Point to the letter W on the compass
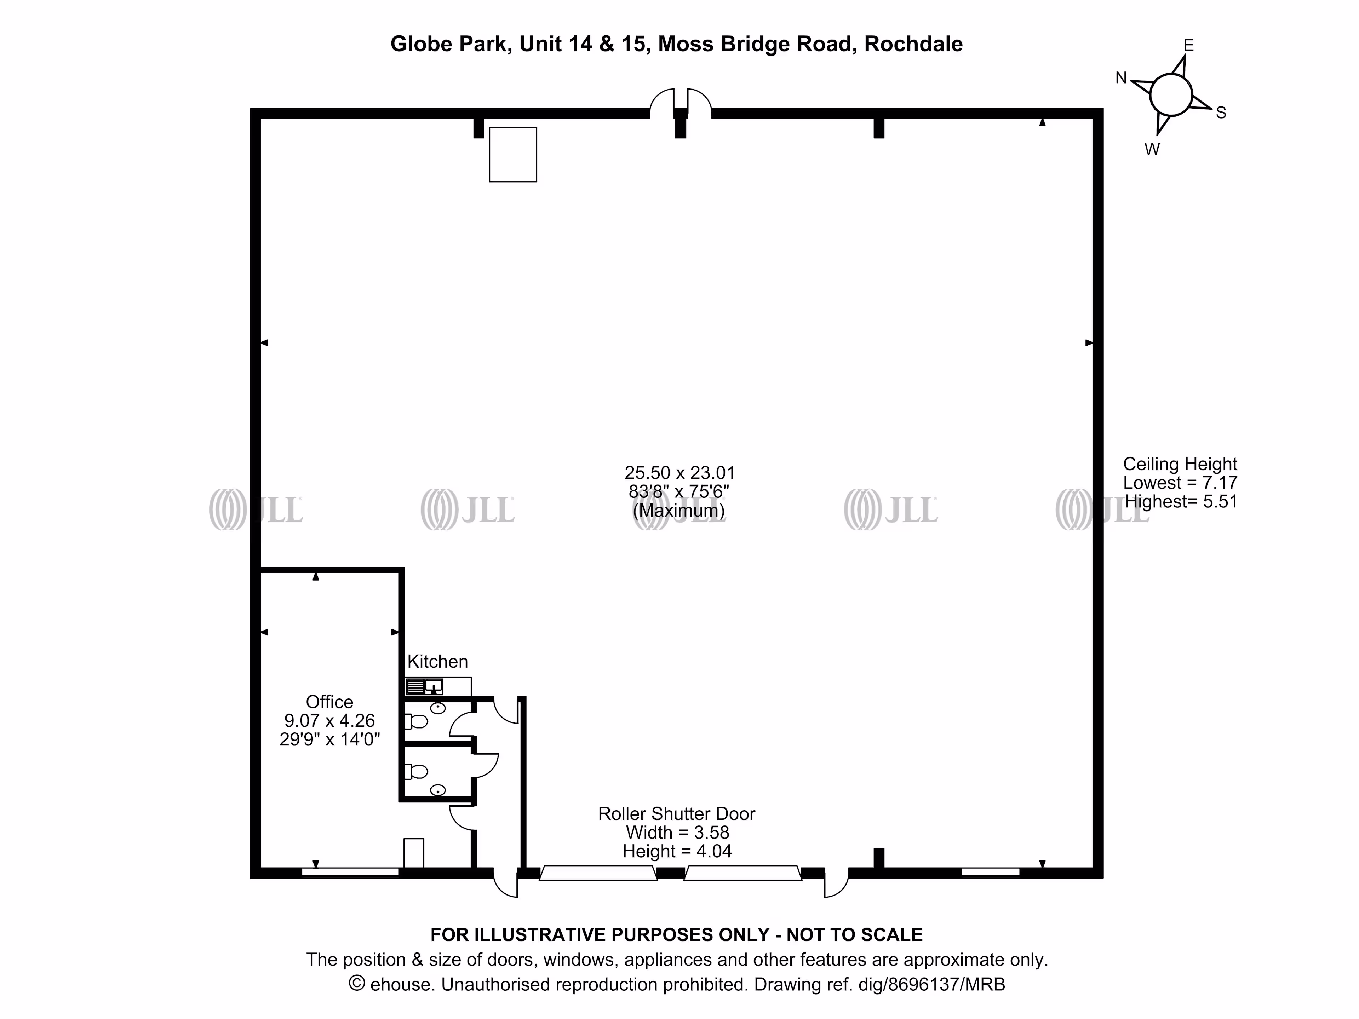1152,149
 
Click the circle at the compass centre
1171,95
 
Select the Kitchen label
437,662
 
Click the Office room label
329,701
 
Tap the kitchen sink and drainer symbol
424,686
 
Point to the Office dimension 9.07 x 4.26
329,720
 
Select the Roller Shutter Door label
676,814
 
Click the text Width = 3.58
677,832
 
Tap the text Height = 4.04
677,851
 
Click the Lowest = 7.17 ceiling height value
1180,483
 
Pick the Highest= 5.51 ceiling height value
1181,501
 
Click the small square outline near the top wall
513,155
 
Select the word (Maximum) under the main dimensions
679,511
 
